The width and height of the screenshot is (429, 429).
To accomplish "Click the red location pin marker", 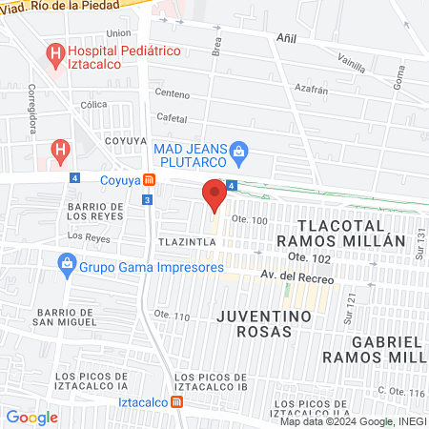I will pos(214,195).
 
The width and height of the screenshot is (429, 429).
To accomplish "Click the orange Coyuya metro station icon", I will pos(150,179).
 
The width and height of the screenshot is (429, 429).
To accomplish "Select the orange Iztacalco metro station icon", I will pos(178,401).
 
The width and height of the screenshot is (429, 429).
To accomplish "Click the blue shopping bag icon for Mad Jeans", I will pos(239,149).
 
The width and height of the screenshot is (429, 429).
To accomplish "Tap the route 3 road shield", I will pos(146,199).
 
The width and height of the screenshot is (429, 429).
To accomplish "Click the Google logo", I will pos(31,417).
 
